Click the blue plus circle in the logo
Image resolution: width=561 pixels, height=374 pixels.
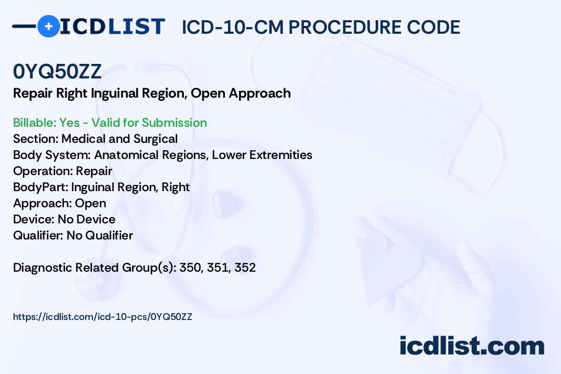[x=48, y=26]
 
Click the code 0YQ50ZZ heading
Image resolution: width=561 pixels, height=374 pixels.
[x=57, y=71]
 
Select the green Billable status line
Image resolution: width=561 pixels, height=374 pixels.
[x=110, y=123]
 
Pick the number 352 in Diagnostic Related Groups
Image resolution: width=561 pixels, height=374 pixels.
[x=245, y=268]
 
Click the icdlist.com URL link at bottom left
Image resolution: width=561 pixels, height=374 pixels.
[x=103, y=317]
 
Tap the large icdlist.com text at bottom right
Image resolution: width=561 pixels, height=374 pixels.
[x=472, y=346]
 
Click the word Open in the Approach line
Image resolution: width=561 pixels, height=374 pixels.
[x=90, y=204]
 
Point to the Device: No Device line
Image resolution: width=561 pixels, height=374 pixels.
[x=64, y=219]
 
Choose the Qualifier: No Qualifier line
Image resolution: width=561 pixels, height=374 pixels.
[x=73, y=235]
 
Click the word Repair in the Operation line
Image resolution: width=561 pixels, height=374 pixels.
[x=94, y=171]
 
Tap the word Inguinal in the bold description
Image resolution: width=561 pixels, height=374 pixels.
[x=114, y=94]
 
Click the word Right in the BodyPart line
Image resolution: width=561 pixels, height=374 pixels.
[x=176, y=188]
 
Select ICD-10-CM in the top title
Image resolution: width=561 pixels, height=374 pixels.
[x=233, y=27]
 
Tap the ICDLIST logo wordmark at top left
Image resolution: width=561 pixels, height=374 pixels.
[x=112, y=26]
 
